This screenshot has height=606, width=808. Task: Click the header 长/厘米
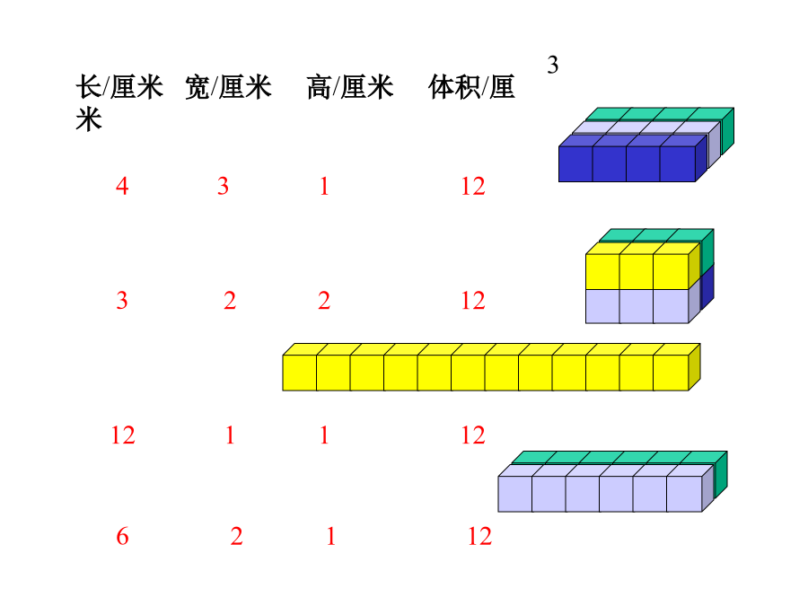click(x=119, y=86)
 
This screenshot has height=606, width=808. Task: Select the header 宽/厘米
click(x=228, y=86)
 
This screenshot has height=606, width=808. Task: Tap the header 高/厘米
click(x=350, y=86)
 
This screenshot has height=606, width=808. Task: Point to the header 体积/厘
click(x=471, y=86)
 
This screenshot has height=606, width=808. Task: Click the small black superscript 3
click(x=552, y=65)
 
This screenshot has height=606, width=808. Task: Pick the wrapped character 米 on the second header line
click(x=89, y=119)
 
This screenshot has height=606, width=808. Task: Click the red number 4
click(x=122, y=186)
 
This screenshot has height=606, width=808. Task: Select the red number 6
click(x=122, y=537)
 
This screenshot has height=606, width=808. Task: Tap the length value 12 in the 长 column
click(x=123, y=435)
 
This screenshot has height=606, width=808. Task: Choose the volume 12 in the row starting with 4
click(x=473, y=186)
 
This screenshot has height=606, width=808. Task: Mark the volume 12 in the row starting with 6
click(x=479, y=537)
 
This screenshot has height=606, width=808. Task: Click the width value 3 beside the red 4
click(x=223, y=186)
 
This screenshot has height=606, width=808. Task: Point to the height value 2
click(x=324, y=301)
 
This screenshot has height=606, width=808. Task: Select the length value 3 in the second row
click(x=121, y=301)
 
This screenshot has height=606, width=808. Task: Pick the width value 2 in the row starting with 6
click(x=236, y=537)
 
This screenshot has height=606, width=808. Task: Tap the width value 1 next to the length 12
click(x=230, y=435)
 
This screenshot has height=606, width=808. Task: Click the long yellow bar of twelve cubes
click(x=491, y=367)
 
